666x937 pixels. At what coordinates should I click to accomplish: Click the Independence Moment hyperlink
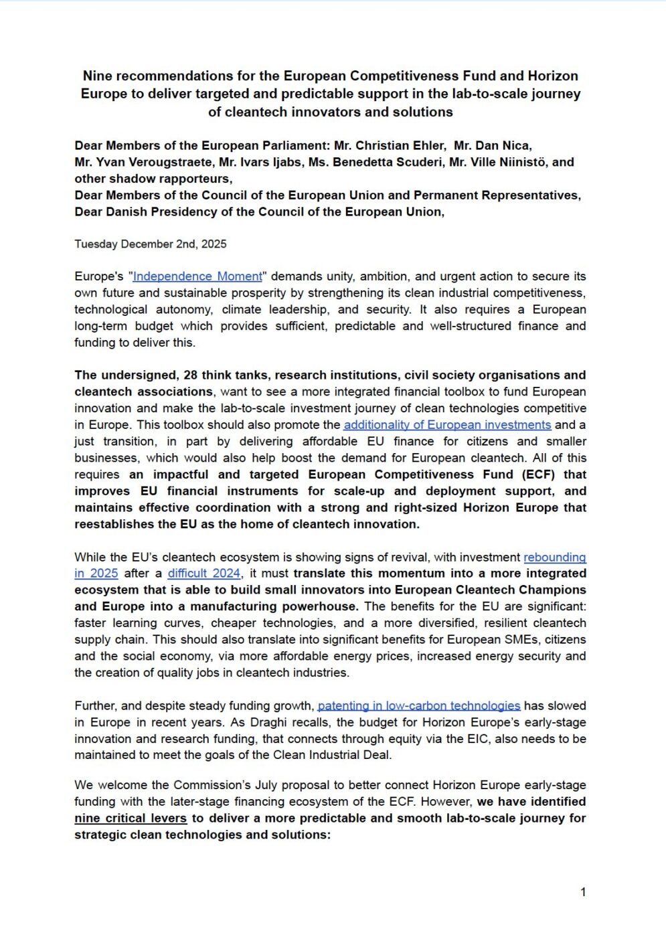(x=197, y=276)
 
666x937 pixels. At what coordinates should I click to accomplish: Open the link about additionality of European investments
(x=447, y=425)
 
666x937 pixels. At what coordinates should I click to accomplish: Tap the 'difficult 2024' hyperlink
(x=204, y=574)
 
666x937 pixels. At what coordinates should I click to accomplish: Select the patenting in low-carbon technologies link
(x=419, y=706)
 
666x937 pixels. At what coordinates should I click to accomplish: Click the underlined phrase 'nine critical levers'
(x=131, y=819)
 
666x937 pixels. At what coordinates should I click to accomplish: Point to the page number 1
(x=583, y=892)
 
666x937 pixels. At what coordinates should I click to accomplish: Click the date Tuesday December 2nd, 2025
(x=151, y=244)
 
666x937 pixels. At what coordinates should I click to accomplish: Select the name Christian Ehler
(x=400, y=146)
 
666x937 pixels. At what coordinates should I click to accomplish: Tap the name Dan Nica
(x=503, y=146)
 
